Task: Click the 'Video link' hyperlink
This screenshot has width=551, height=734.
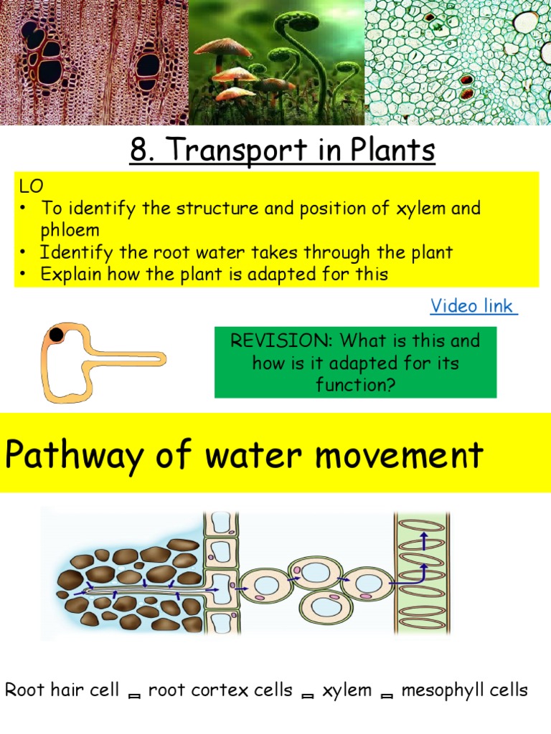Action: pos(472,306)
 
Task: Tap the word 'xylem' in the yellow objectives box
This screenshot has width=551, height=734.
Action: pos(412,209)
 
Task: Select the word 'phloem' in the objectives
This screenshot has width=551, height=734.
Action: pos(70,230)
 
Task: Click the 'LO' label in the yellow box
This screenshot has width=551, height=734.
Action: pos(31,187)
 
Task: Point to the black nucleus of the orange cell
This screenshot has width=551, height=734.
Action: pos(56,334)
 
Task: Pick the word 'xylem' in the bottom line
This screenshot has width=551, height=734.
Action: pos(347,690)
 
